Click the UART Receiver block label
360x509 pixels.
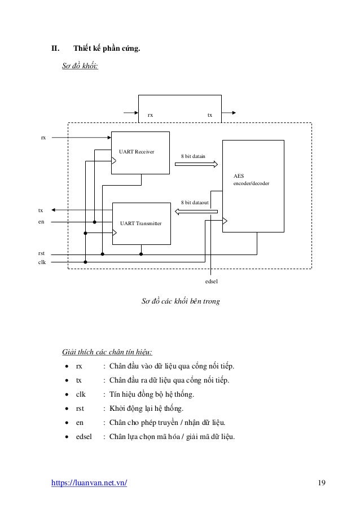tap(137, 152)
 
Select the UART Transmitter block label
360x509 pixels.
tap(141, 224)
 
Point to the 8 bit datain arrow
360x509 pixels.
tap(196, 165)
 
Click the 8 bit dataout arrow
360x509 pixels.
tap(196, 212)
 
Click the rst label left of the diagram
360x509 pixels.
tap(41, 253)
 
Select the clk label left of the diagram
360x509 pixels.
tap(41, 262)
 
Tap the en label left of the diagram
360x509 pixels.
tap(41, 222)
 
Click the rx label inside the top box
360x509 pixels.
tap(150, 115)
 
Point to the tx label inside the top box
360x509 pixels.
tap(210, 115)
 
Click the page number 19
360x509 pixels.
tap(322, 482)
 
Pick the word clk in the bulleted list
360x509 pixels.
tap(81, 394)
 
